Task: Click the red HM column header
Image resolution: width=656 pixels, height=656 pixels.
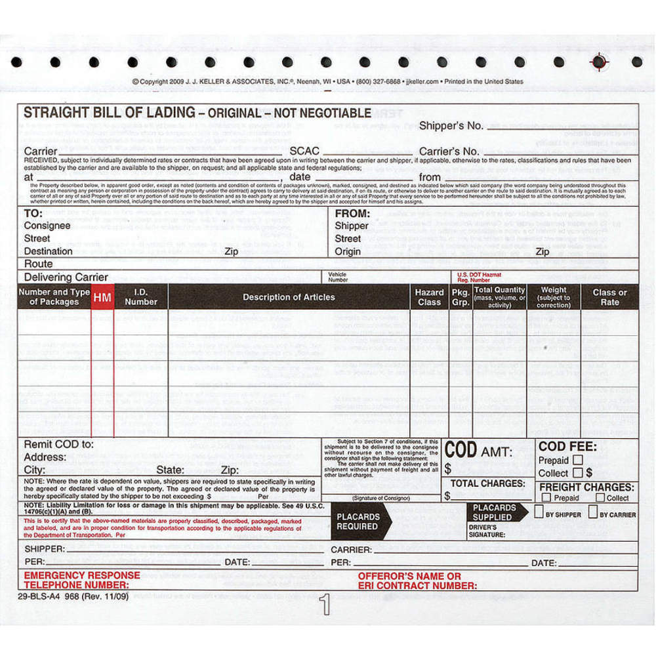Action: pos(102,297)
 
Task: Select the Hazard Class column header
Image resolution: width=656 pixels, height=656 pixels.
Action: pos(429,297)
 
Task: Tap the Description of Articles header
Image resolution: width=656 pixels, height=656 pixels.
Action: pos(289,297)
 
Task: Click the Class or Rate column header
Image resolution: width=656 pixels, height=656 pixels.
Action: pos(609,297)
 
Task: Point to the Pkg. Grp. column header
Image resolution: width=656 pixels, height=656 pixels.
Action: pos(461,297)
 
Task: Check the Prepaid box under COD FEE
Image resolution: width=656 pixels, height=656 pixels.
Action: pos(577,461)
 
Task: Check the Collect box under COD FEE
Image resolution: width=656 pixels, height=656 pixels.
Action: pos(577,472)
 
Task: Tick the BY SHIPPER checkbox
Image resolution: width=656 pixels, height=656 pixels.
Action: pos(539,513)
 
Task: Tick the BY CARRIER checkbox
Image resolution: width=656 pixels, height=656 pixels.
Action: pos(592,513)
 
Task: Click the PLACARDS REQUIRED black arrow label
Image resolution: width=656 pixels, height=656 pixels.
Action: pos(359,522)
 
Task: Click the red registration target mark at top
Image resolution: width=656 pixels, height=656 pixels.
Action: pos(598,62)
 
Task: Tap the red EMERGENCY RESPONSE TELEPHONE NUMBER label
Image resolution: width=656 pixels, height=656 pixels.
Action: pos(82,580)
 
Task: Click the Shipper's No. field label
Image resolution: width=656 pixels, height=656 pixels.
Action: pos(451,125)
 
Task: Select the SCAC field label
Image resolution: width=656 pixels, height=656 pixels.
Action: pos(304,152)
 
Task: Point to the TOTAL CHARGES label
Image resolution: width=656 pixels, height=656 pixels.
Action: pos(487,483)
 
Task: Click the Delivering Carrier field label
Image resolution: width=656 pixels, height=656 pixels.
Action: pos(66,277)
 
